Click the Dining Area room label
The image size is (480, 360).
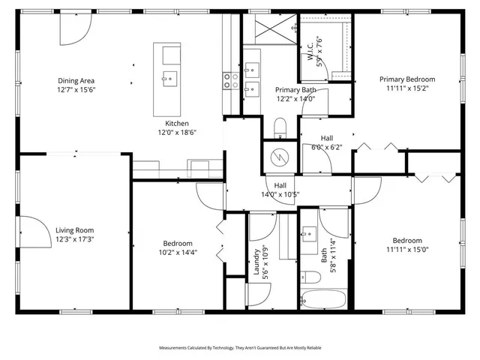click(76, 80)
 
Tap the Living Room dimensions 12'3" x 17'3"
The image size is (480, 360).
click(74, 239)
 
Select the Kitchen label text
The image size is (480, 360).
click(177, 124)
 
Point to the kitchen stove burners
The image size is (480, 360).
click(230, 81)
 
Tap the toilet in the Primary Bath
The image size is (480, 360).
click(280, 127)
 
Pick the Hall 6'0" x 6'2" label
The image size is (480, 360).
click(327, 142)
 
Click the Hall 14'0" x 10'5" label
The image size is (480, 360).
click(280, 190)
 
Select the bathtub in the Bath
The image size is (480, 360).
click(323, 301)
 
